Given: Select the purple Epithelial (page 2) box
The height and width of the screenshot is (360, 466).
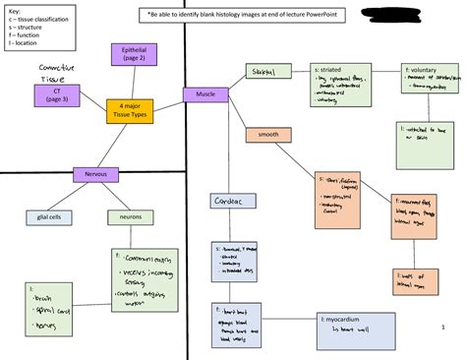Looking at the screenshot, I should coord(135,54).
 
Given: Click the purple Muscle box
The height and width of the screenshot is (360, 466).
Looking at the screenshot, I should coord(205,94).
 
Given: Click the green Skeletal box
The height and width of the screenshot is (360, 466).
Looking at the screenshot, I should coord(267,72).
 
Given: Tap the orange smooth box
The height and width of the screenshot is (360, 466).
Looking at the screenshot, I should coord(268,134).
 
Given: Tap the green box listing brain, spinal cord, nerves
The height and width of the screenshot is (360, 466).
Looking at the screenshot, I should coord(45,309).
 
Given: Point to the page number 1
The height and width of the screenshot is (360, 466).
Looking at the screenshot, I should coord(443,329).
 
